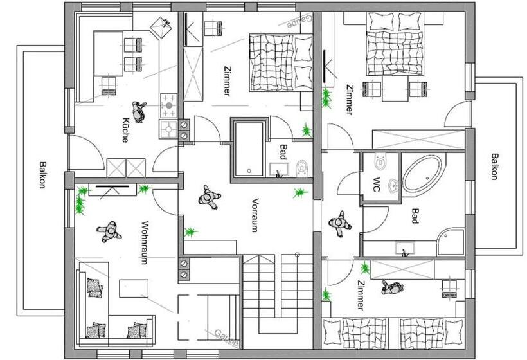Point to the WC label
pos(377,184)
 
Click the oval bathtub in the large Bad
pos(422,174)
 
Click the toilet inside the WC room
pos(379,161)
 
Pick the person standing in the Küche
pos(139,111)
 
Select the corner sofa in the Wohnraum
pos(109,309)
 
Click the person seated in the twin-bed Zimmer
pos(390,288)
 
